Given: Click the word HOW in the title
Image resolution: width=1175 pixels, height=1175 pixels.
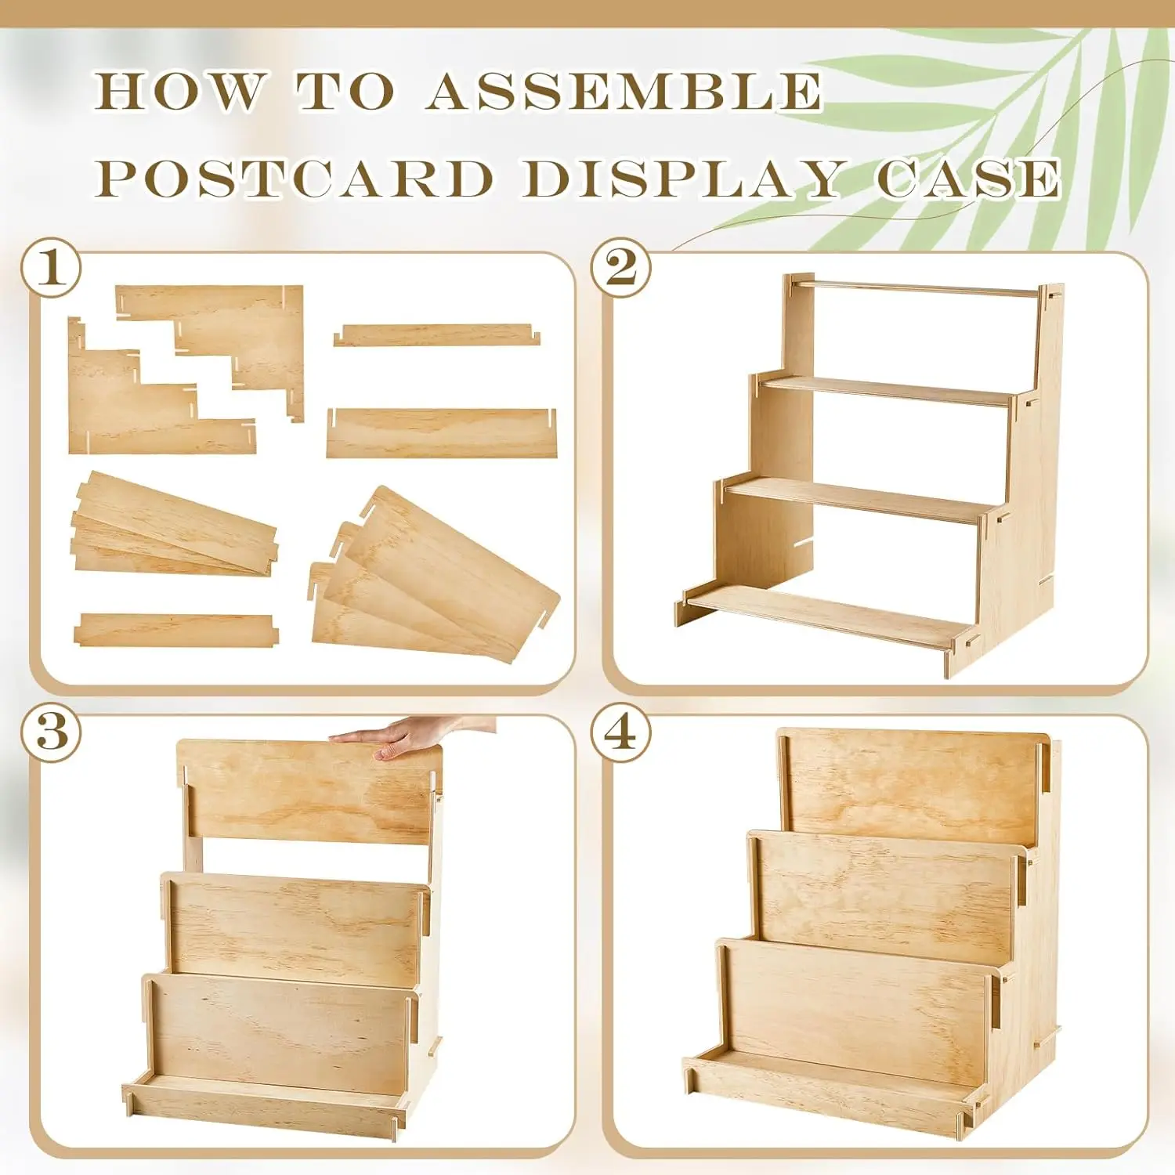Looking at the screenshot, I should tap(180, 92).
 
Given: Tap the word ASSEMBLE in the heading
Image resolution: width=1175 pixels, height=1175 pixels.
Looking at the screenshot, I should tap(624, 92).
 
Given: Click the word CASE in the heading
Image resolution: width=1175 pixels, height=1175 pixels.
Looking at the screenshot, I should tap(968, 179).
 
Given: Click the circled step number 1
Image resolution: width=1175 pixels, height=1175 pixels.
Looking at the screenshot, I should tap(52, 268).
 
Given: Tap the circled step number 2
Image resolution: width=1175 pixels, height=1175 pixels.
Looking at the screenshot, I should tap(621, 268).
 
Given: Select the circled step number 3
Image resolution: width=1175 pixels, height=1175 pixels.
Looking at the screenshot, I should tap(52, 732).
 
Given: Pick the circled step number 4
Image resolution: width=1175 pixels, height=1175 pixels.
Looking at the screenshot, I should tap(621, 732).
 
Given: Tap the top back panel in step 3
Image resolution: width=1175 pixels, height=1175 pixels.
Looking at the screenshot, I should tap(309, 791).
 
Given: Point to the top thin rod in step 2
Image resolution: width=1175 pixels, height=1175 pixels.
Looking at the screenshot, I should tap(916, 287).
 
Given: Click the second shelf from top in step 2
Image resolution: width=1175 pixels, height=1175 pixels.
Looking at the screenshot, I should tap(885, 389).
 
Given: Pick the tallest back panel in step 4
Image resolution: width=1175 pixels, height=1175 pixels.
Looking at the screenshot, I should tap(913, 783).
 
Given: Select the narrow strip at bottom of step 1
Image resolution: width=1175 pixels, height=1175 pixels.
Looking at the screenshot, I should tap(175, 630).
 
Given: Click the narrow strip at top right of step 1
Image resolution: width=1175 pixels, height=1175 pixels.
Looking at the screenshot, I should tap(436, 335).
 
